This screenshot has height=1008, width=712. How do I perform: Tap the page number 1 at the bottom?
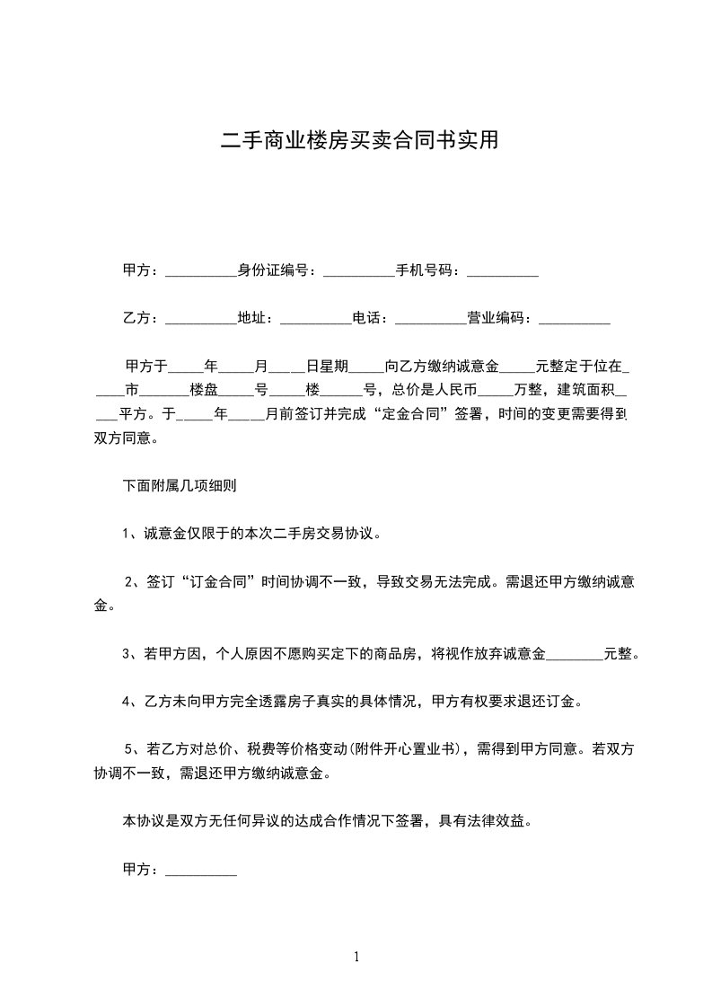click(356, 957)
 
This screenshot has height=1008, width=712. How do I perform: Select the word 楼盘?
click(204, 391)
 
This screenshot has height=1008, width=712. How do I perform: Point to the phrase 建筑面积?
click(588, 391)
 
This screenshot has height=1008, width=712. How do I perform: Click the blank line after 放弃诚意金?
click(575, 654)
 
